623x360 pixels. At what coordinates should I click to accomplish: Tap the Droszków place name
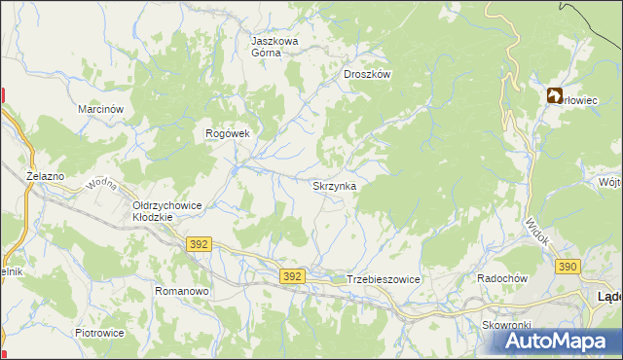[367, 74]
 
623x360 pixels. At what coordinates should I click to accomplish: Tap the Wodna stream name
[102, 184]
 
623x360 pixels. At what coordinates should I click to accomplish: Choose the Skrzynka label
[334, 185]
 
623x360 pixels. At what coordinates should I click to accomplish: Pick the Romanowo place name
[183, 291]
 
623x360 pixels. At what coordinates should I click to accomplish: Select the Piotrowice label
[99, 333]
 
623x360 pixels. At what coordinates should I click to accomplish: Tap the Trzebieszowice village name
[383, 279]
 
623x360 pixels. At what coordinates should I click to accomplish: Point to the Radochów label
[501, 278]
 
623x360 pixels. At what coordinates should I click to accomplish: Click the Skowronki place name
[504, 325]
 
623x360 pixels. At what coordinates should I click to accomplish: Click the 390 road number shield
[568, 266]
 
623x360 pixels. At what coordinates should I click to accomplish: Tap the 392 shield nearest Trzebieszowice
[293, 277]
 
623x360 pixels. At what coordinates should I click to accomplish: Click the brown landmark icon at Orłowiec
[554, 95]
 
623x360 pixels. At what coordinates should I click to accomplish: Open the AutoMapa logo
[552, 341]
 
